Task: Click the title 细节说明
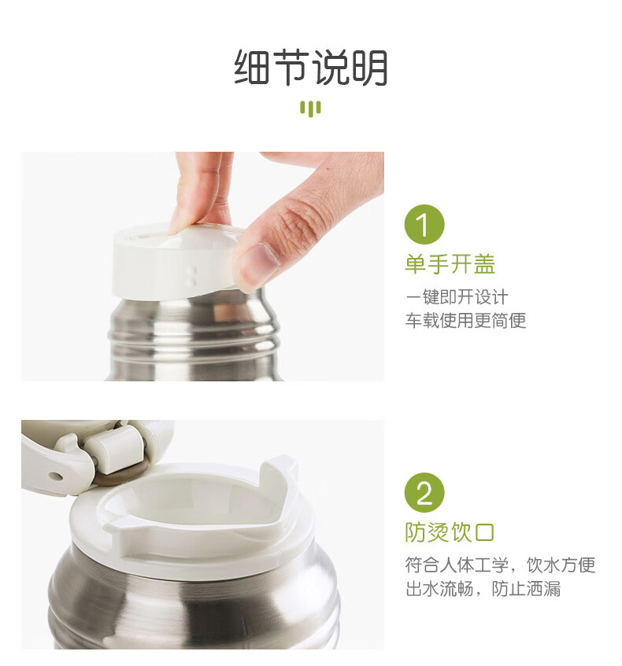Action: coord(310,68)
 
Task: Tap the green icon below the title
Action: coord(310,109)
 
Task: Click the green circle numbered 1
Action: coord(424,224)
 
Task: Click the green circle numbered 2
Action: coord(424,492)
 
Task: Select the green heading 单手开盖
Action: coord(450,263)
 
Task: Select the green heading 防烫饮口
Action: coord(450,532)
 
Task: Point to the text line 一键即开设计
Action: coord(457,297)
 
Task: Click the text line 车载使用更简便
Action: coord(465,320)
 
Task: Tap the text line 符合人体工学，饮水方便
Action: coord(500,565)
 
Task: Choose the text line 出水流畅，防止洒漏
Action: coord(483,589)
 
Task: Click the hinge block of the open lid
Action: coord(115,449)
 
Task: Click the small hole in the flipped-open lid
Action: coord(55,476)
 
